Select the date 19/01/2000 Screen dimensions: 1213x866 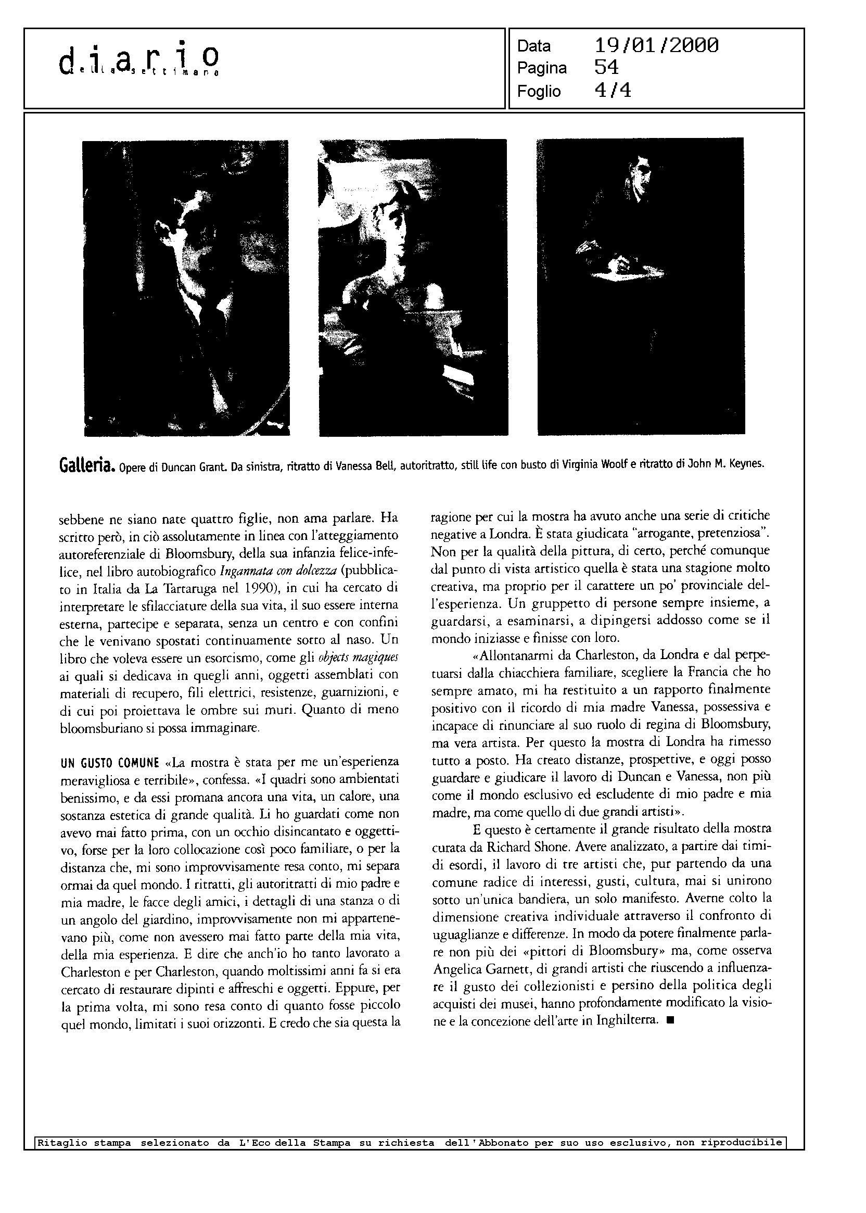pyautogui.click(x=656, y=46)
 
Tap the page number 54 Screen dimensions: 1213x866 pyautogui.click(x=606, y=68)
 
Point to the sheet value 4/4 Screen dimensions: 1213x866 pyautogui.click(x=612, y=91)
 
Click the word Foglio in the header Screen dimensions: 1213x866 pyautogui.click(x=539, y=91)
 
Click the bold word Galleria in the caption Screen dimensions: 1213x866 pyautogui.click(x=85, y=465)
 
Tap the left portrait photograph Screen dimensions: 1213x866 pyautogui.click(x=186, y=288)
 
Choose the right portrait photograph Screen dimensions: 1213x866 pyautogui.click(x=640, y=286)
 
